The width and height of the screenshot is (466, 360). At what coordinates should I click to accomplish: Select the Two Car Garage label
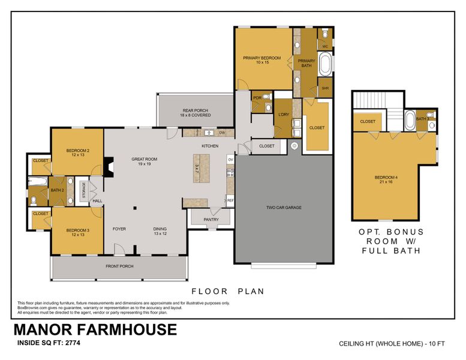tap(284, 208)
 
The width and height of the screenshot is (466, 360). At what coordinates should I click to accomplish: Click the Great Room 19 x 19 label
tap(144, 161)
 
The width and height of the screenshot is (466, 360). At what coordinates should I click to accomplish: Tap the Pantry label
tap(211, 220)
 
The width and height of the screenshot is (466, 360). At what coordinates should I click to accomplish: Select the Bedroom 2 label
tap(77, 152)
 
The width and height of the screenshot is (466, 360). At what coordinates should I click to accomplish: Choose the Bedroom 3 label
tap(77, 232)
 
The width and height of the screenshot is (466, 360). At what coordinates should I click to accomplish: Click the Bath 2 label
tap(57, 191)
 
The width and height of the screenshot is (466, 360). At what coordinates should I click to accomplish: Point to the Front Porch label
tap(119, 266)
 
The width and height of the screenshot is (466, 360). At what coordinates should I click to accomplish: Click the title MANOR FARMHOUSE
tap(95, 329)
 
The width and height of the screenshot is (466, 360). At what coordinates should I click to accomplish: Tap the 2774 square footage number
tap(71, 344)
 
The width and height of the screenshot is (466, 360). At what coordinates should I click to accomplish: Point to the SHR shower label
tap(325, 88)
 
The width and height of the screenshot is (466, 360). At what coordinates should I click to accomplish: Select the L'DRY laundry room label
tap(284, 115)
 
